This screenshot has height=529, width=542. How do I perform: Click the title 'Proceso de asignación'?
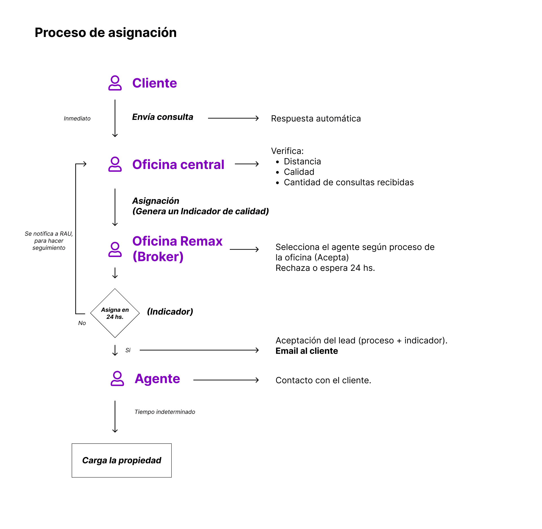pyautogui.click(x=106, y=33)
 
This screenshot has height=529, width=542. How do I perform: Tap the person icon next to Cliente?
pyautogui.click(x=115, y=83)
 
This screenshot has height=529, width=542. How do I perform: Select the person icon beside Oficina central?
pyautogui.click(x=115, y=164)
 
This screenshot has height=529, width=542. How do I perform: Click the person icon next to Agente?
pyautogui.click(x=117, y=378)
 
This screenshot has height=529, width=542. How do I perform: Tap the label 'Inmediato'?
pyautogui.click(x=77, y=118)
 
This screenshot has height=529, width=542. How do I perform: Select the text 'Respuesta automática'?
pyautogui.click(x=316, y=118)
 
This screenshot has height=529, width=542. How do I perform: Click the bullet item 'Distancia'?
pyautogui.click(x=302, y=161)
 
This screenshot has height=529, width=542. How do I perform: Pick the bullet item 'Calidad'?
pyautogui.click(x=299, y=172)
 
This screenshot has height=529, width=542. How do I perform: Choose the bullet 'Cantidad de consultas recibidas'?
pyautogui.click(x=349, y=182)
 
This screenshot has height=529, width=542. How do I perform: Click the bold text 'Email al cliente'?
pyautogui.click(x=307, y=351)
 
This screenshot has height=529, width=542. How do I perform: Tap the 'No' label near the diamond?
pyautogui.click(x=82, y=323)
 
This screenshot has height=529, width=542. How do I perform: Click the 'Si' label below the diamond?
pyautogui.click(x=128, y=350)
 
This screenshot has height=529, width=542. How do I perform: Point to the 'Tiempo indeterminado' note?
pyautogui.click(x=165, y=412)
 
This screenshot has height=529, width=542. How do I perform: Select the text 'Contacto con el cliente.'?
pyautogui.click(x=323, y=380)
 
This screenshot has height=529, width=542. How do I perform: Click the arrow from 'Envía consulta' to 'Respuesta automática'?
pyautogui.click(x=233, y=118)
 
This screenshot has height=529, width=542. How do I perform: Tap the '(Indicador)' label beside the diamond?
pyautogui.click(x=170, y=311)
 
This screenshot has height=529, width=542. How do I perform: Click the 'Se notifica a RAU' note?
pyautogui.click(x=49, y=241)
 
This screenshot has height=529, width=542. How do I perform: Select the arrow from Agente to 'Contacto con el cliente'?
pyautogui.click(x=226, y=380)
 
